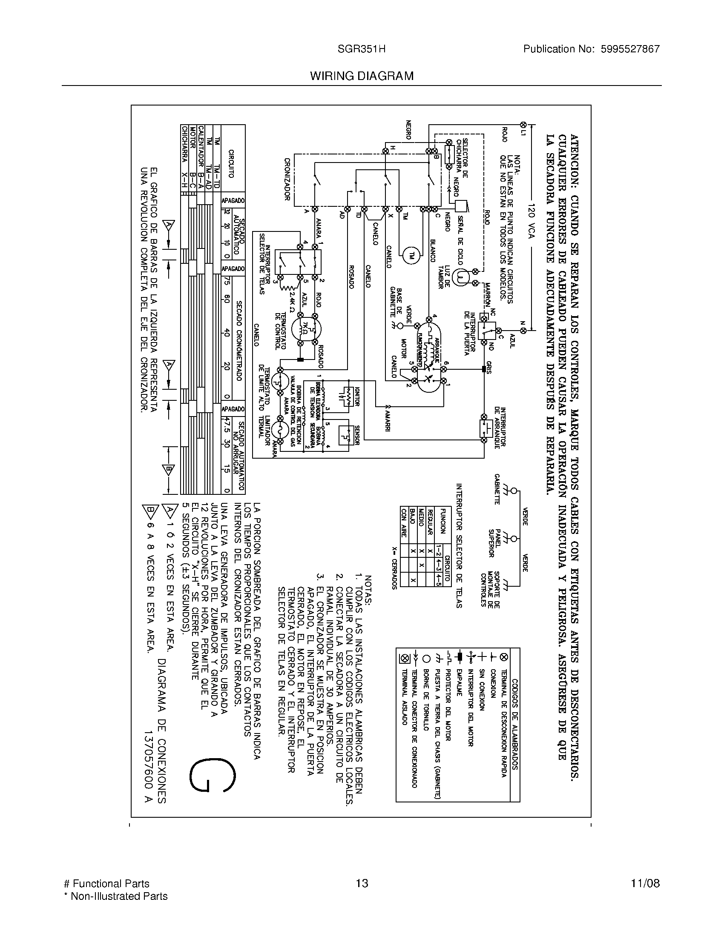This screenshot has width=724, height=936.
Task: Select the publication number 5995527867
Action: tap(630, 49)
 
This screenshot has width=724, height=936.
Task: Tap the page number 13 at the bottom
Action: tap(362, 883)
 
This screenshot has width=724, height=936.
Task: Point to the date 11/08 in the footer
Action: tap(645, 883)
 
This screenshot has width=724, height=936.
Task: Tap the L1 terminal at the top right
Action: tap(523, 125)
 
